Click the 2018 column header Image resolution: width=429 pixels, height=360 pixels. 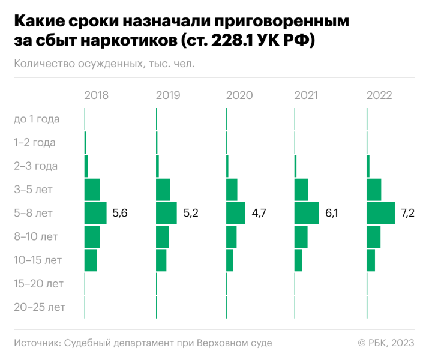click(x=97, y=95)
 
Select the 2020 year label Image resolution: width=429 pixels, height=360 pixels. click(x=239, y=95)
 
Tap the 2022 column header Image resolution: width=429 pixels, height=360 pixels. click(x=379, y=95)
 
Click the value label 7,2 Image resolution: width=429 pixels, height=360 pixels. click(x=408, y=213)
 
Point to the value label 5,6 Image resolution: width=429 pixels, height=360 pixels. click(x=120, y=213)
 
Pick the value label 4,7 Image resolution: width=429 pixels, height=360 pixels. click(x=259, y=213)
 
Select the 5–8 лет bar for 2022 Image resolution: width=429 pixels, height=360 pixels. click(x=380, y=213)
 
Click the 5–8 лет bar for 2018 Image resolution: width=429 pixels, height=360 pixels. click(x=95, y=213)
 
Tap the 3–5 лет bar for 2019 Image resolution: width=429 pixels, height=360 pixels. click(x=163, y=190)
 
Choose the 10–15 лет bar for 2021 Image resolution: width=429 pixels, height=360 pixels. click(x=298, y=260)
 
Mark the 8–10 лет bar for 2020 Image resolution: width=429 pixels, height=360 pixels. click(x=232, y=236)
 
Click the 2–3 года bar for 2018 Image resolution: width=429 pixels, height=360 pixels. click(x=86, y=166)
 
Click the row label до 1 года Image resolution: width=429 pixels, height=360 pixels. click(x=37, y=119)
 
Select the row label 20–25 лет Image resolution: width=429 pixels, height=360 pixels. click(x=39, y=308)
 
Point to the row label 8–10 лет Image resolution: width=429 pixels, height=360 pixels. click(x=36, y=236)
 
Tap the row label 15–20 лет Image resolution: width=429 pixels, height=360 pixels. click(x=38, y=284)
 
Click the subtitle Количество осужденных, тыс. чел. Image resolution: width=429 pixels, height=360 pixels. click(x=105, y=63)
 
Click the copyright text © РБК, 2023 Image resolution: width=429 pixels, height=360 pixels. click(x=386, y=343)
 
